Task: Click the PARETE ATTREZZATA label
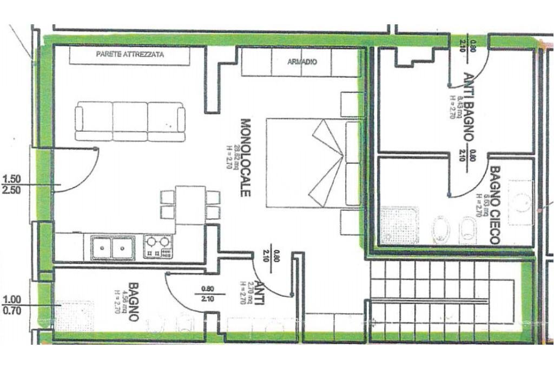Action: point(129,55)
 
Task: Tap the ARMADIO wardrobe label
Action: point(302,62)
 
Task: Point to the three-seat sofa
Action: point(130,121)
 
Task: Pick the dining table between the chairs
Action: point(190,205)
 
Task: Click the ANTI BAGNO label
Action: point(469,106)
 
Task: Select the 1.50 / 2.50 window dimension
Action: point(12,184)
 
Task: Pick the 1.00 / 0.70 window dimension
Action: point(12,305)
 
